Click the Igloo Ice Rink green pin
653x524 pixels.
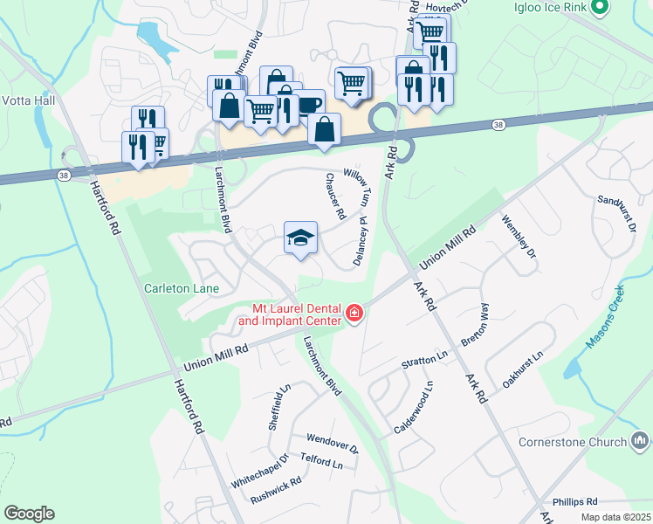point(599,9)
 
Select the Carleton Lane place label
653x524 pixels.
point(182,288)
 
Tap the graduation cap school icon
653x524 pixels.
point(300,238)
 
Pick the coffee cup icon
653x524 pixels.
point(308,105)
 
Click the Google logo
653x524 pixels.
point(29,514)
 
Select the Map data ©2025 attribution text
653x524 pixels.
point(615,517)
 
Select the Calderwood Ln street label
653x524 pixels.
point(415,407)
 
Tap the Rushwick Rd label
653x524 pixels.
point(275,490)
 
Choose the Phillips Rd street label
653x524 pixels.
point(574,502)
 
